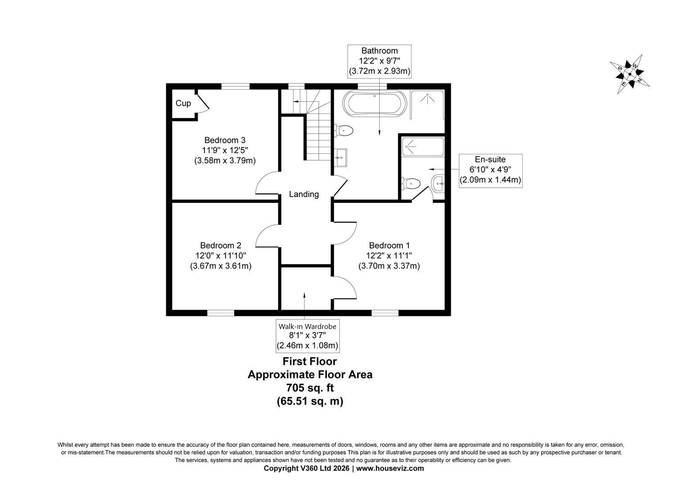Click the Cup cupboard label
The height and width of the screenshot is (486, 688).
pyautogui.click(x=183, y=103)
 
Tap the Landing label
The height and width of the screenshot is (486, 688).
pyautogui.click(x=304, y=194)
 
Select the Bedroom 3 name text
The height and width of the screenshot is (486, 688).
pyautogui.click(x=225, y=140)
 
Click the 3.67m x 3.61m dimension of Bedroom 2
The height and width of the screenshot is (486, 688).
pyautogui.click(x=221, y=266)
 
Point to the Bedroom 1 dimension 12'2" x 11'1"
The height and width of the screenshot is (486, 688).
pyautogui.click(x=389, y=256)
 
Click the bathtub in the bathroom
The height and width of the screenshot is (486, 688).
pyautogui.click(x=375, y=103)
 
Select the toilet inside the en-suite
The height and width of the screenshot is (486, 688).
pyautogui.click(x=411, y=184)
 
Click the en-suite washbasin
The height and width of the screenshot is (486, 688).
pyautogui.click(x=438, y=184)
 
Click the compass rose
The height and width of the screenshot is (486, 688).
pyautogui.click(x=629, y=74)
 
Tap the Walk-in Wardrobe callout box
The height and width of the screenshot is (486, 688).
pyautogui.click(x=308, y=336)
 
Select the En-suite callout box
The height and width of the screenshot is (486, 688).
pyautogui.click(x=490, y=171)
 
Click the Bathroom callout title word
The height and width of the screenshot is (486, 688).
pyautogui.click(x=379, y=51)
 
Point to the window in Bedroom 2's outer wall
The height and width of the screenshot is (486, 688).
pyautogui.click(x=221, y=313)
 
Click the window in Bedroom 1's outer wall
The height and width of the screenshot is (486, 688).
pyautogui.click(x=385, y=313)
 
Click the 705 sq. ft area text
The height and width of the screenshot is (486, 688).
pyautogui.click(x=310, y=388)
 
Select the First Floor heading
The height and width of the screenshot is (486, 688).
pyautogui.click(x=310, y=361)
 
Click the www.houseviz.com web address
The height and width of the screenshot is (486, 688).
pyautogui.click(x=390, y=468)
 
